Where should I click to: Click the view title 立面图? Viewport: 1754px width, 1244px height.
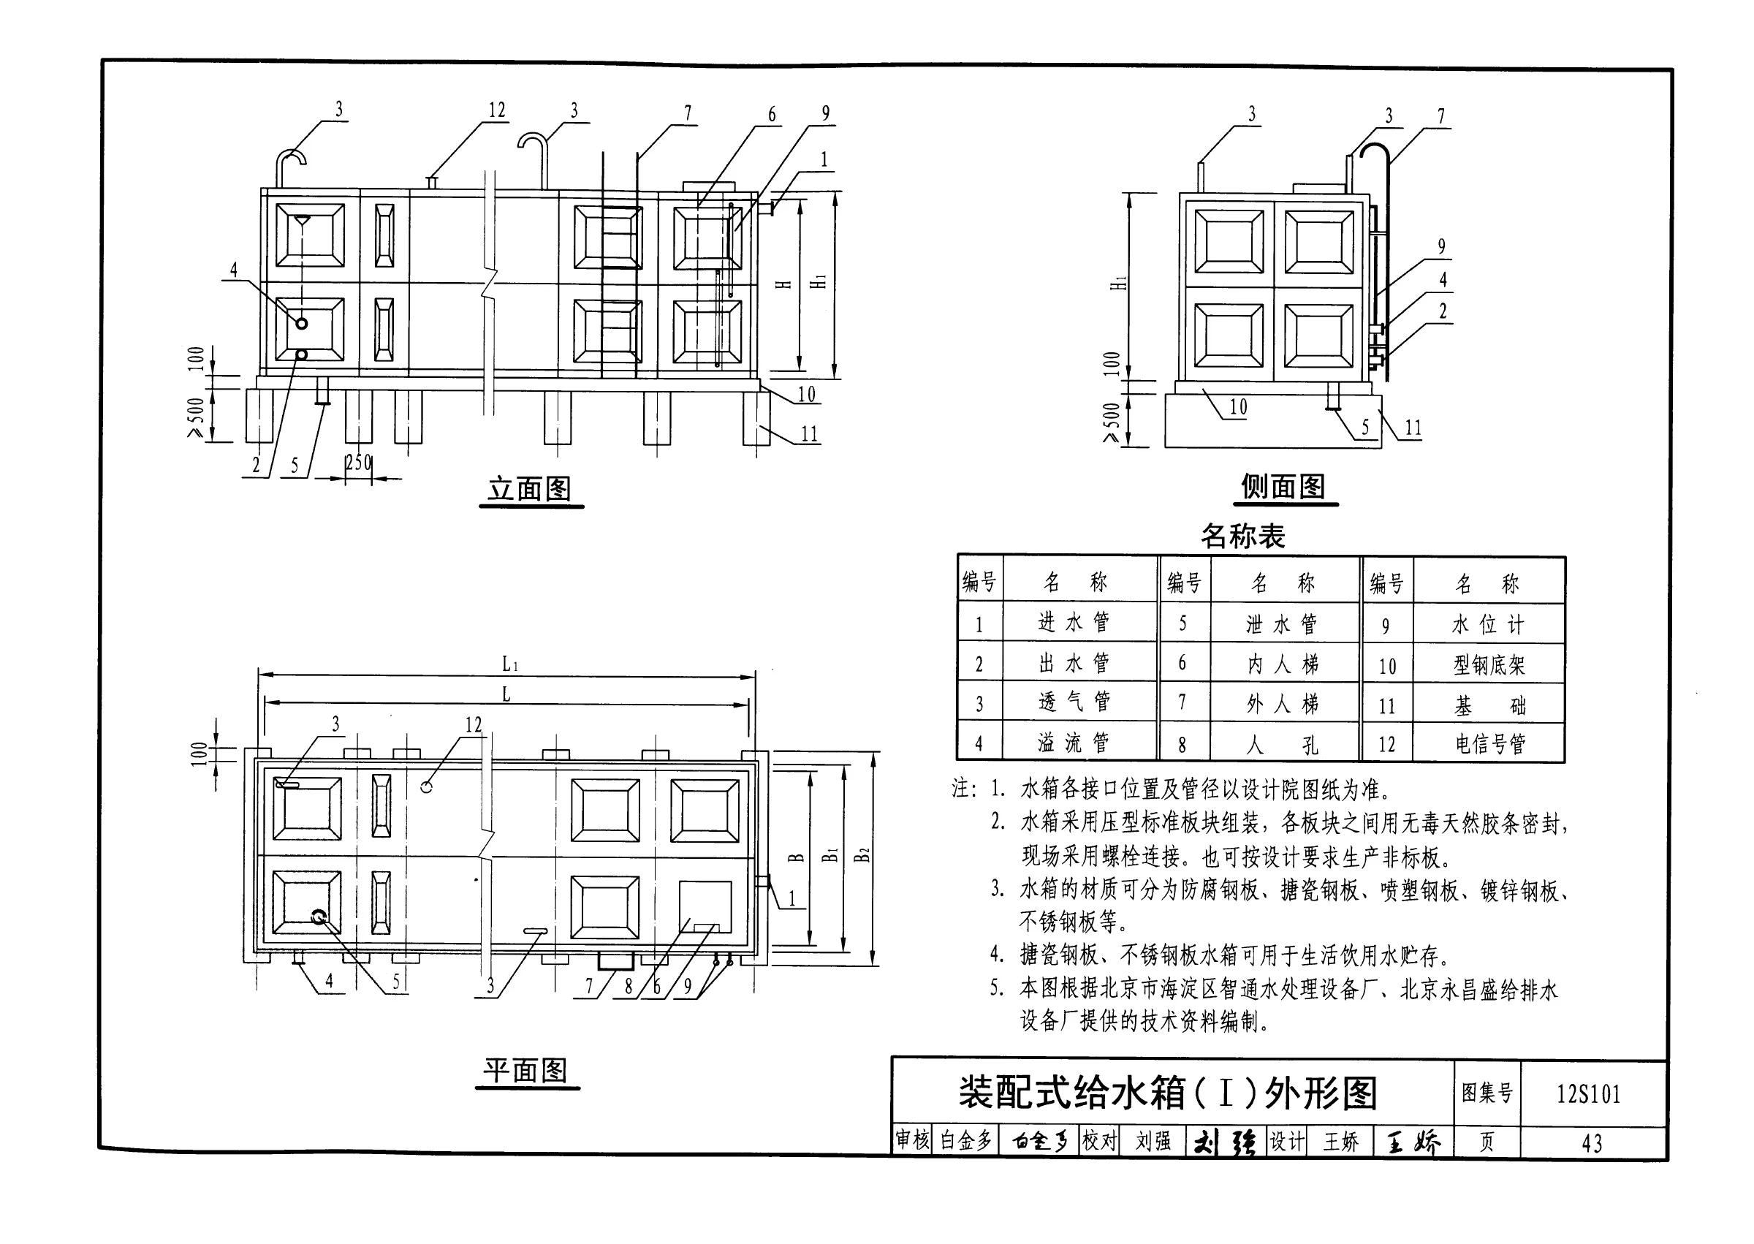[x=530, y=488]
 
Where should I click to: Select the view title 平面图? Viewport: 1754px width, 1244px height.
[x=525, y=1069]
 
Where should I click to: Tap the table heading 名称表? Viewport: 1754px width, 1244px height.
[x=1242, y=536]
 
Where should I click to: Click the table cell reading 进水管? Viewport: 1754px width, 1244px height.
[x=1073, y=622]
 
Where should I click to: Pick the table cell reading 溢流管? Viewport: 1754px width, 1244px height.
[x=1073, y=743]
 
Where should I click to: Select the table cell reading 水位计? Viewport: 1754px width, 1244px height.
[x=1487, y=625]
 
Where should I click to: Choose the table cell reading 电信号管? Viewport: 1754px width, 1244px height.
[x=1489, y=744]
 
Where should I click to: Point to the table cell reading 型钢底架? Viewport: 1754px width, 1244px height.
[x=1489, y=665]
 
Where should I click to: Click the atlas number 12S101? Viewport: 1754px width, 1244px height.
[x=1589, y=1094]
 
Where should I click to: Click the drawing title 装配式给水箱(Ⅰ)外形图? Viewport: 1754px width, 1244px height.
[x=1167, y=1093]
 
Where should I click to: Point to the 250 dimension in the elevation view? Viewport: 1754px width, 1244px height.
[x=358, y=463]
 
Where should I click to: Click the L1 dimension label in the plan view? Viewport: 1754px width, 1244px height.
[x=509, y=664]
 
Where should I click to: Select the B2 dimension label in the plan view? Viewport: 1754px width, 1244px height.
[x=863, y=854]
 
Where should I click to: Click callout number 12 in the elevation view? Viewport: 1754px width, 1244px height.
[x=497, y=110]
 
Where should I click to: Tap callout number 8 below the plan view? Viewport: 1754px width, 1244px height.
[x=628, y=987]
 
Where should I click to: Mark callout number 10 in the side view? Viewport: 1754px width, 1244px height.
[x=1239, y=407]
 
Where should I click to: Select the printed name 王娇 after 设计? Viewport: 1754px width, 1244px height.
[x=1340, y=1142]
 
